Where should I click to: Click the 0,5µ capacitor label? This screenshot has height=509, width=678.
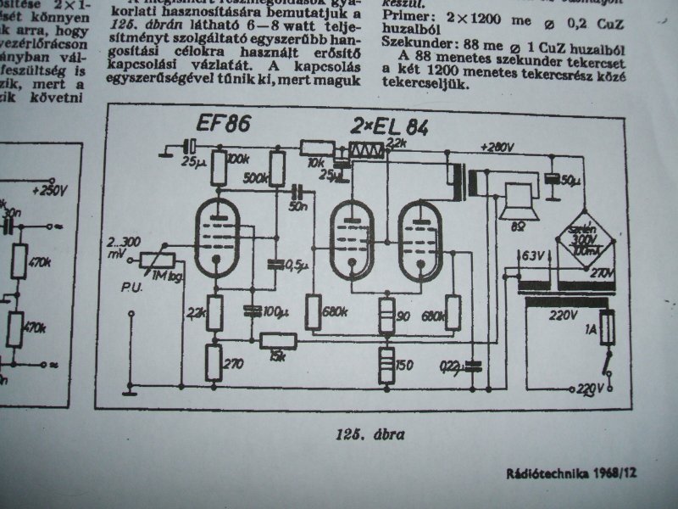click(x=296, y=266)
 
